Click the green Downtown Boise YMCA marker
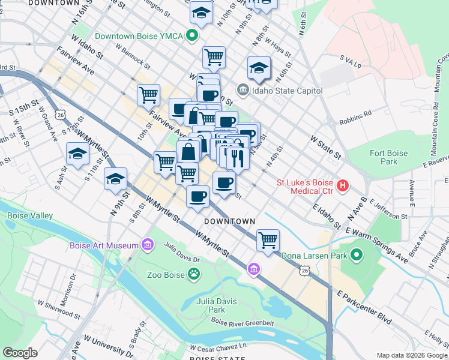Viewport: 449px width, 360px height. coord(193,36)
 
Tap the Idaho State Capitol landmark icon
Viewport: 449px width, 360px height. coord(243,91)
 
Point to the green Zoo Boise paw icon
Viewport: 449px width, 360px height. coord(194,275)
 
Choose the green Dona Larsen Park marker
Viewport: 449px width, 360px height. coord(357,256)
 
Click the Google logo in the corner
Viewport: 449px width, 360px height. coord(20,352)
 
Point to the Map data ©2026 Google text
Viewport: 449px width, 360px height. coord(412,355)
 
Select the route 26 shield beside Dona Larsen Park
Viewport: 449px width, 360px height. coord(305,271)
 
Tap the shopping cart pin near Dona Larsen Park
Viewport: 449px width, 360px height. coord(268,240)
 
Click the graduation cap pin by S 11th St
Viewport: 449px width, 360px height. coord(78,154)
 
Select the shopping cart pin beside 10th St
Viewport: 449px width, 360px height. coord(148,94)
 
